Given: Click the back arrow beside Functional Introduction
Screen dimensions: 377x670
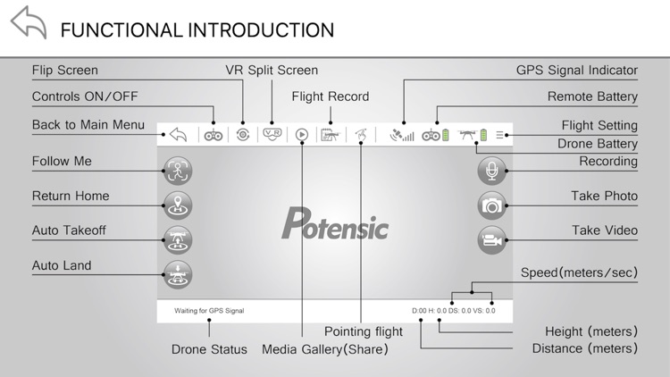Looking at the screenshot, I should (28, 24).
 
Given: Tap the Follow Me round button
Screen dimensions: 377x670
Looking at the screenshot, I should (178, 170).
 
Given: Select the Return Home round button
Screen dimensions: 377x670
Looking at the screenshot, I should (178, 205).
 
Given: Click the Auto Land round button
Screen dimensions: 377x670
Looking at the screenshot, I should (178, 274).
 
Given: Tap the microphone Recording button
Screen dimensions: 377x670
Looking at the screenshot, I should (491, 170).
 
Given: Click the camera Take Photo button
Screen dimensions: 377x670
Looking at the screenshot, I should (491, 205).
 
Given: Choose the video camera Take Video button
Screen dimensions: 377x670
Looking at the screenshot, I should (491, 239).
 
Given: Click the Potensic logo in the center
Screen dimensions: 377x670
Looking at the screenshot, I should (335, 223).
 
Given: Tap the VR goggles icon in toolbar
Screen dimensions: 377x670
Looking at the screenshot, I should (271, 135).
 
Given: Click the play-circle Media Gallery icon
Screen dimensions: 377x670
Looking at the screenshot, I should (302, 136).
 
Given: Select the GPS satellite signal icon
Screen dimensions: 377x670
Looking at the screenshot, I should (402, 136).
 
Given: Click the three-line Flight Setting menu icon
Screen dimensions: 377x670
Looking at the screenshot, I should (501, 136).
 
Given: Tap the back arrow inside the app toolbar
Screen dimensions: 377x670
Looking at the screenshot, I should (178, 136).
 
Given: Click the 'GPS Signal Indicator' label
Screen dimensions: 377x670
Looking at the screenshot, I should (576, 70).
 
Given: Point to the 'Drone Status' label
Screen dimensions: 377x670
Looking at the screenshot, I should (209, 349).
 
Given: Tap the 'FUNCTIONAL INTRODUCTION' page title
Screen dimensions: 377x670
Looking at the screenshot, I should (197, 29).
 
